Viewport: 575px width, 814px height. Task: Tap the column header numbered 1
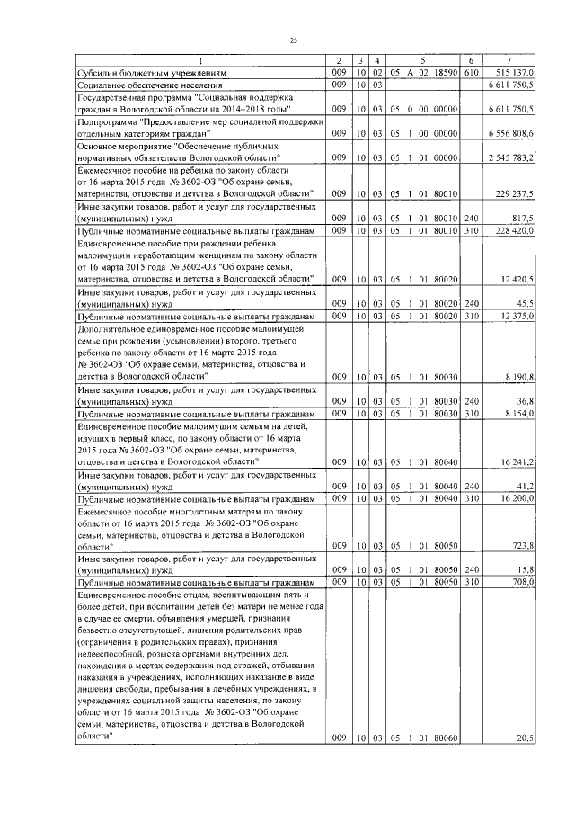click(199, 59)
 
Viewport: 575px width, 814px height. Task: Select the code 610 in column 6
click(472, 72)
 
